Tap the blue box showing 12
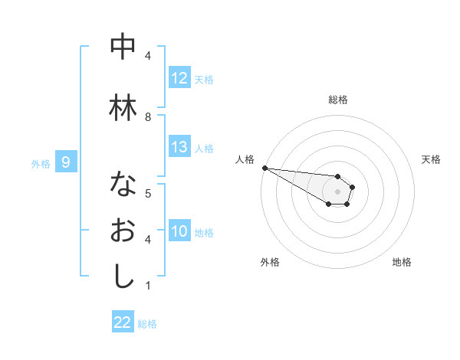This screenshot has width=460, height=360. (x=179, y=78)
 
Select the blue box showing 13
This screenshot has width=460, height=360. (x=179, y=147)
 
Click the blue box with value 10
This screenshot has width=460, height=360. (x=179, y=231)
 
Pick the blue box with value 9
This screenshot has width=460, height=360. (x=66, y=162)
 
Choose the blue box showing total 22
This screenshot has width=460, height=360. (x=123, y=322)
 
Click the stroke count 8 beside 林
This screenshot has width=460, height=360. (x=148, y=116)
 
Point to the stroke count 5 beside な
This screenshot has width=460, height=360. (x=148, y=193)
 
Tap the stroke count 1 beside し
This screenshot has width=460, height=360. (x=148, y=286)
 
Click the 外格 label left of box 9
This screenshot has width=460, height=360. (x=41, y=163)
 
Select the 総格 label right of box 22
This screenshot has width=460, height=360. (x=147, y=324)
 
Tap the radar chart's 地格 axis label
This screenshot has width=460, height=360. (x=402, y=262)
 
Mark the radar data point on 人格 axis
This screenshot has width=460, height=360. (x=264, y=168)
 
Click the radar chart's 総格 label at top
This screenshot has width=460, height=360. (x=337, y=100)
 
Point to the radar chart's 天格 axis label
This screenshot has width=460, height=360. (x=431, y=159)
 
